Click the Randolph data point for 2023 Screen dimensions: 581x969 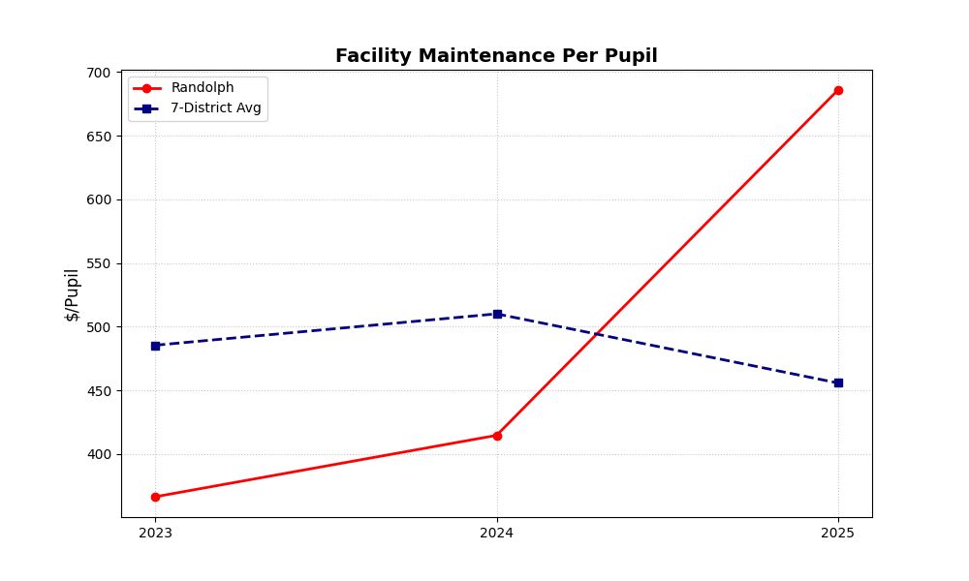coord(155,497)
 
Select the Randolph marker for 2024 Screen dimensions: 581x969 coord(497,436)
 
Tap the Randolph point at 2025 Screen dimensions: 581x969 coord(838,90)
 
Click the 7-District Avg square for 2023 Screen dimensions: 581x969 coord(155,346)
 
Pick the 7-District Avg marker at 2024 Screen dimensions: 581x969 coord(497,314)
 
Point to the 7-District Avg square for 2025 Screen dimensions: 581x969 coord(838,382)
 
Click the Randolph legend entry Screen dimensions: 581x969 coord(202,88)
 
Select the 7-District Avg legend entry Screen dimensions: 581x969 coord(215,108)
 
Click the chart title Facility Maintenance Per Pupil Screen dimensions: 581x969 coord(496,56)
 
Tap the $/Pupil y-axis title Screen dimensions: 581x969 coord(73,294)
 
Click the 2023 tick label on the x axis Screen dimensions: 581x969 coord(155,533)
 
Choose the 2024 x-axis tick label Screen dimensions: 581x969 coord(497,533)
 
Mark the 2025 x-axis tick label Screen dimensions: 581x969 coord(838,533)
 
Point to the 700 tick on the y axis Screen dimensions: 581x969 coord(98,73)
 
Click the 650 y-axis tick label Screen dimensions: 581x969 coord(98,137)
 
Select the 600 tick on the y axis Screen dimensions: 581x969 coord(98,199)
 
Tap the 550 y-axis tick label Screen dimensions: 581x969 coord(98,263)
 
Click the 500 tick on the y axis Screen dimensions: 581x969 coord(98,327)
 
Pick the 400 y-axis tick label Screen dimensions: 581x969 coord(98,454)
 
